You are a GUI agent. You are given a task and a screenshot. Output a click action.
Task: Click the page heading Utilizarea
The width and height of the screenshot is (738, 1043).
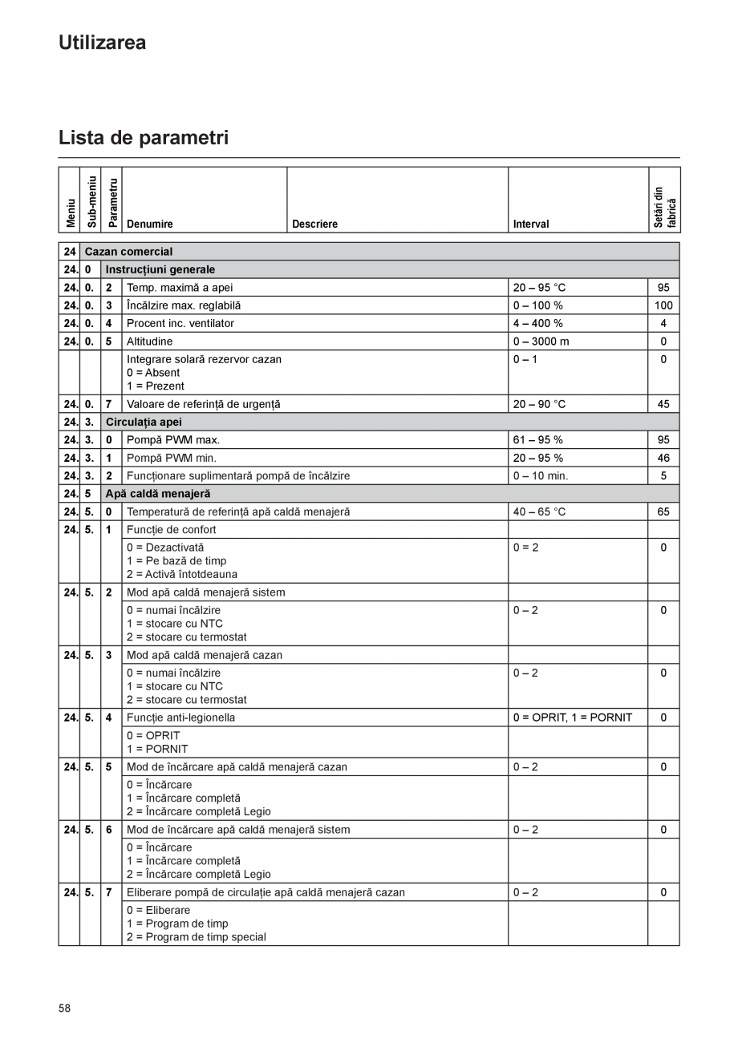point(102,42)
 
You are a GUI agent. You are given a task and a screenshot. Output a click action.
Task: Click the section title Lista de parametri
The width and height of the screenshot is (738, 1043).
point(144,138)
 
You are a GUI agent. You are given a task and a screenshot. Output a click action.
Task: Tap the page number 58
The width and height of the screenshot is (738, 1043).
point(64,1008)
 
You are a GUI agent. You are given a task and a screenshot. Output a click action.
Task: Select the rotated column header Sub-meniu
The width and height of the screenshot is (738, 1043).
point(91,201)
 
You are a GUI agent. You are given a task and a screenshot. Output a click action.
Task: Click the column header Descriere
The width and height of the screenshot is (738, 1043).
point(314,224)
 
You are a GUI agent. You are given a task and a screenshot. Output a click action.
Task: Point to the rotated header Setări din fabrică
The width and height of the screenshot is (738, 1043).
point(664,208)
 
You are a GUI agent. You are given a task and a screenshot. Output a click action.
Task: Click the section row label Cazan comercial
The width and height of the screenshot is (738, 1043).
point(128,252)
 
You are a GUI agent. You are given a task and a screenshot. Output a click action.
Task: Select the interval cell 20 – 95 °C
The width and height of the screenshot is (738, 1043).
point(539,288)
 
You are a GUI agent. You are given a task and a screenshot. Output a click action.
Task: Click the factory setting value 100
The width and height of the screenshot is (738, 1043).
point(663,305)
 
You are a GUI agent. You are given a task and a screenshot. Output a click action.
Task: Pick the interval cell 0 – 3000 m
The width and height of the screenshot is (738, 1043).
point(541,342)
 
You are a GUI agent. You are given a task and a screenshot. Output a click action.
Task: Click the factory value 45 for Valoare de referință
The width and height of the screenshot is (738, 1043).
point(663,404)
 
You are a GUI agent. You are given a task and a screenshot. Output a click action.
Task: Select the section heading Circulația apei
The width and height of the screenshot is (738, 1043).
point(144,422)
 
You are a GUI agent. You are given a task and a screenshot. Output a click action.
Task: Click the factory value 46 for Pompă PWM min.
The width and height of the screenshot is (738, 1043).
point(663,458)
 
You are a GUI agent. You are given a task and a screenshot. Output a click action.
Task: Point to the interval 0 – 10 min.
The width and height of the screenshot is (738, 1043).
point(540,476)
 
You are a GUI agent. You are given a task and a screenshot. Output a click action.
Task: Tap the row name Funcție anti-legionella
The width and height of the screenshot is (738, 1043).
point(180,718)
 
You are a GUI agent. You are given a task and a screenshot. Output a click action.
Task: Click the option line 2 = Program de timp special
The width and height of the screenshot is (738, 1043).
point(196,937)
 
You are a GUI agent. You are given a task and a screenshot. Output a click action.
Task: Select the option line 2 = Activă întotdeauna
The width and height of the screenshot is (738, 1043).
point(181,574)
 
